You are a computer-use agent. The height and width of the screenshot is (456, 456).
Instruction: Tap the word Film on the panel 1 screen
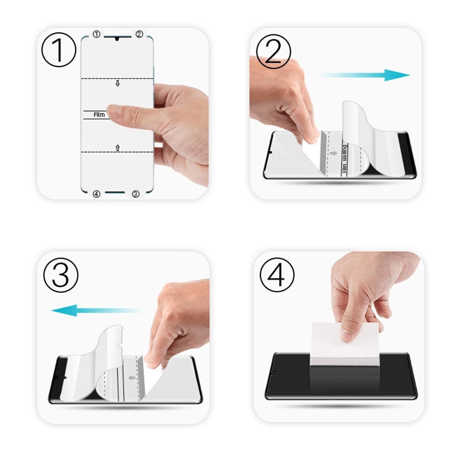pyautogui.click(x=99, y=115)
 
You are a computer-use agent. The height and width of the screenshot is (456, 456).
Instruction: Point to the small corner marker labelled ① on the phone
pyautogui.click(x=96, y=34)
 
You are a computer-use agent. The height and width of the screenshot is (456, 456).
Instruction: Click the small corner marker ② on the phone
pyautogui.click(x=139, y=34)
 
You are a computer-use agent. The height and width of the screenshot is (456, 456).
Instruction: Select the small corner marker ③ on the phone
pyautogui.click(x=135, y=194)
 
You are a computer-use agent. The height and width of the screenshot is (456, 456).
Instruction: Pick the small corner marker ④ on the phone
pyautogui.click(x=96, y=194)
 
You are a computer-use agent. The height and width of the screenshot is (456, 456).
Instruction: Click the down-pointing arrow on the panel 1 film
pyautogui.click(x=117, y=83)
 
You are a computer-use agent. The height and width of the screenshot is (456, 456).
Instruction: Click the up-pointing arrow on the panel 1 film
pyautogui.click(x=118, y=148)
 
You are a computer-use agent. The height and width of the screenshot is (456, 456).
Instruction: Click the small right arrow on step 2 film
pyautogui.click(x=333, y=153)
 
